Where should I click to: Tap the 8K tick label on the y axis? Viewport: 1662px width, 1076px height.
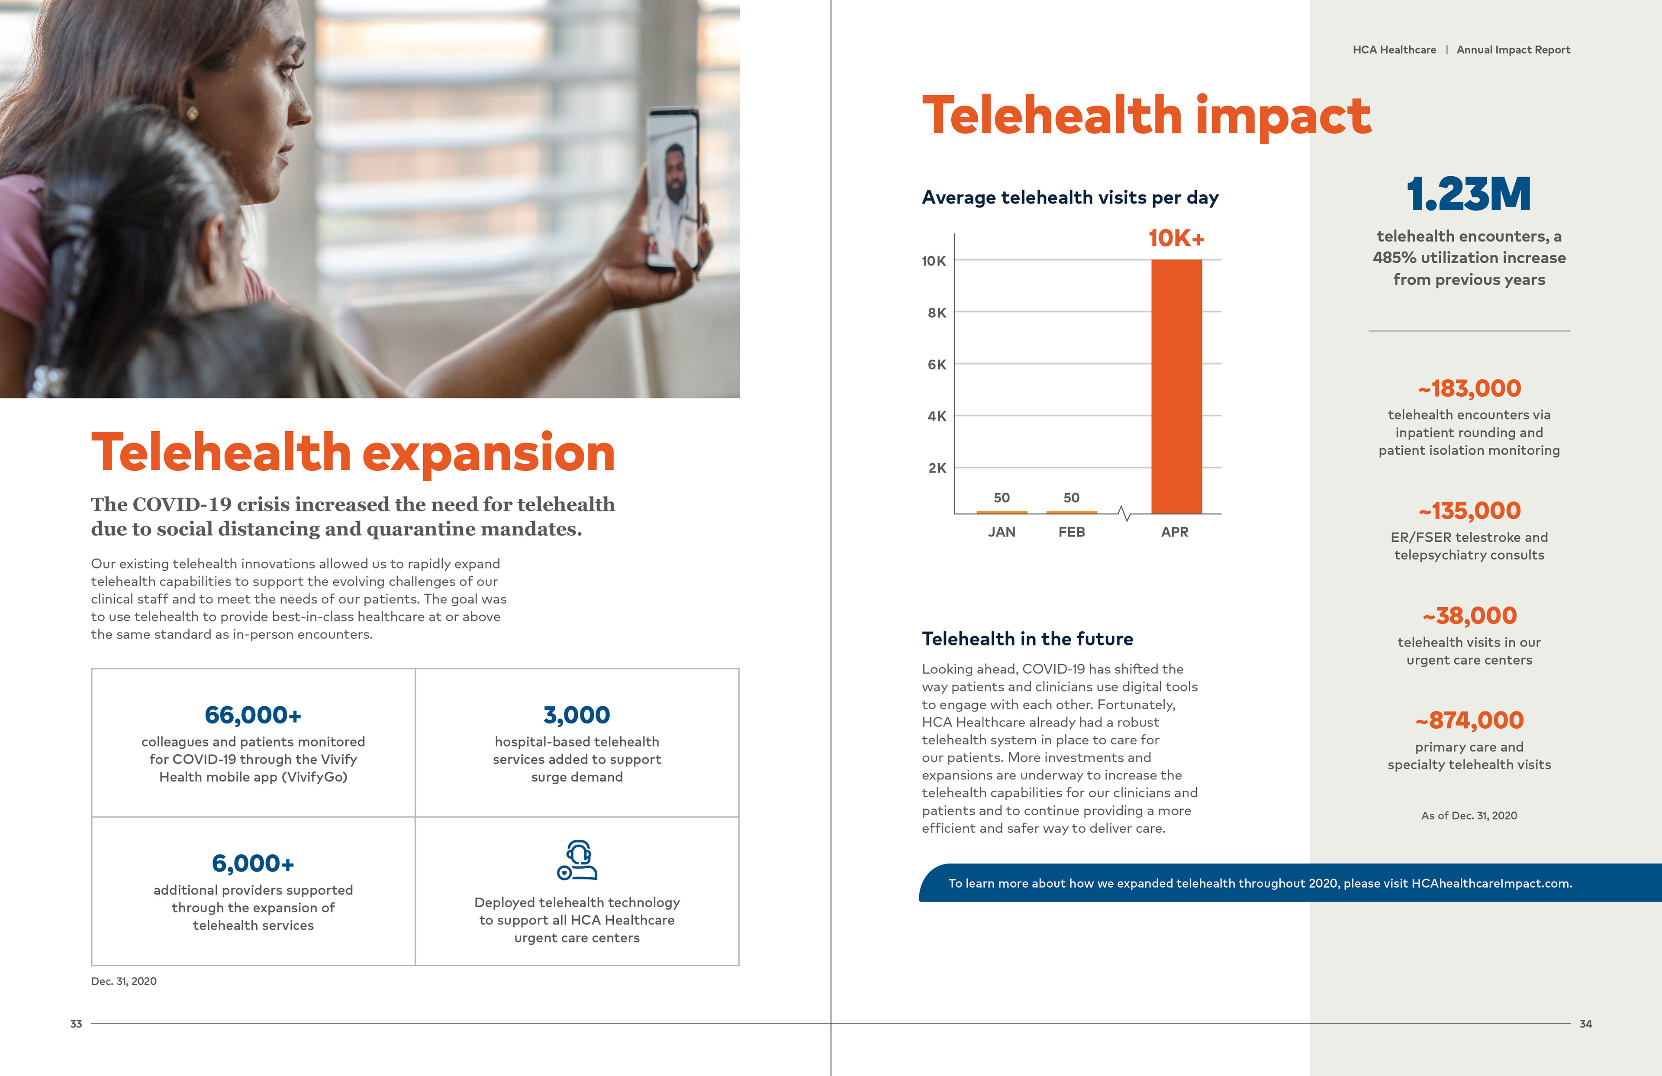coord(937,312)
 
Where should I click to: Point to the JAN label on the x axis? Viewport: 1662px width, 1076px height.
coord(1002,532)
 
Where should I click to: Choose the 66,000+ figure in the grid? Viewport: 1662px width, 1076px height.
coord(253,715)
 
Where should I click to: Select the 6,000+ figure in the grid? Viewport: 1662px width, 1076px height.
coord(253,863)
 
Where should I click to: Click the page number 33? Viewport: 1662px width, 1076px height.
coord(76,1024)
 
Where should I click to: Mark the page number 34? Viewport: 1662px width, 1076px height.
coord(1585,1024)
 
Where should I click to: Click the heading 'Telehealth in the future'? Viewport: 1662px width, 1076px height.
coord(1027,639)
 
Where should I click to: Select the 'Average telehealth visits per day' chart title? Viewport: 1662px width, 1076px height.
coord(1070,198)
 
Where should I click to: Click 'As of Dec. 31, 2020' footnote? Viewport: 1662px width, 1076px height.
coord(1469,815)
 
